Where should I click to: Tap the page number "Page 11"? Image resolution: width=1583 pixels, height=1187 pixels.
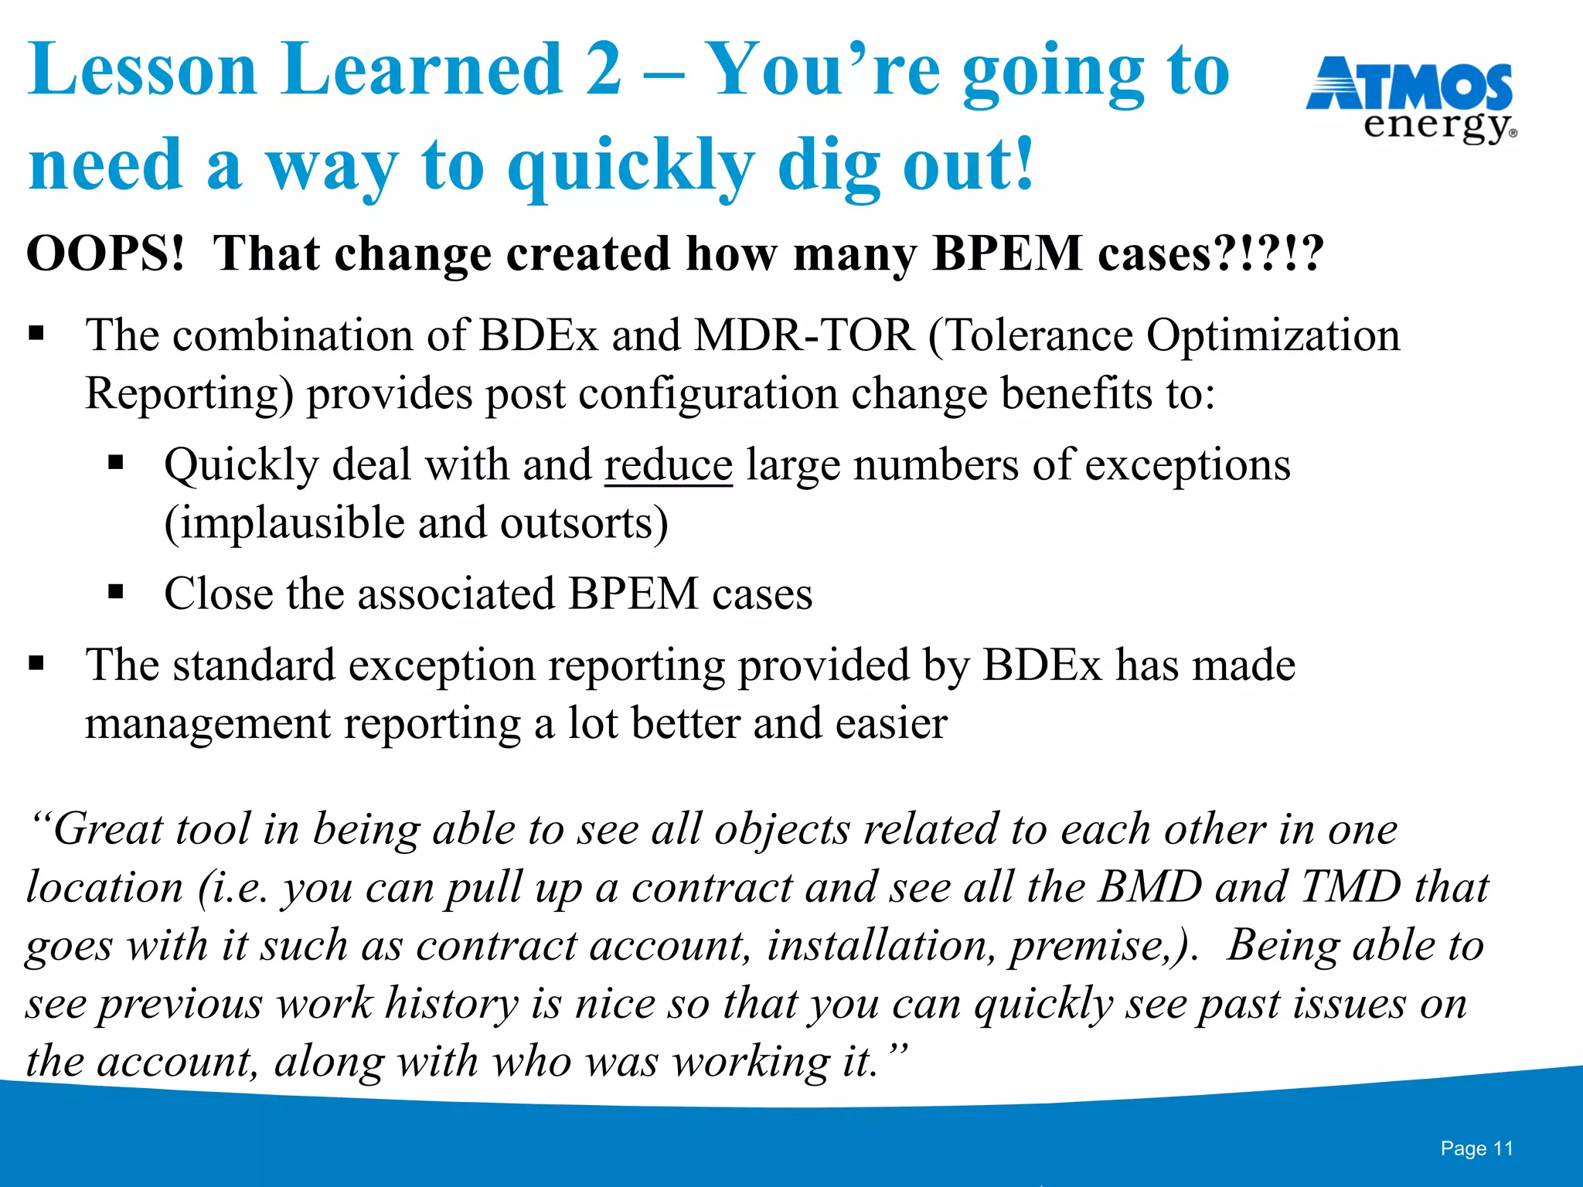1476,1148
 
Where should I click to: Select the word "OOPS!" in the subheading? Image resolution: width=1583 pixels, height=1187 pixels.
107,253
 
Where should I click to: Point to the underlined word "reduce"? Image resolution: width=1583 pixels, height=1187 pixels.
668,465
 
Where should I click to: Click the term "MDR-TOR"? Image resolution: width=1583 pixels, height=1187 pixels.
804,335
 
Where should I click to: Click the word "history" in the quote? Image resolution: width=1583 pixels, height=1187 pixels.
451,1004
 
